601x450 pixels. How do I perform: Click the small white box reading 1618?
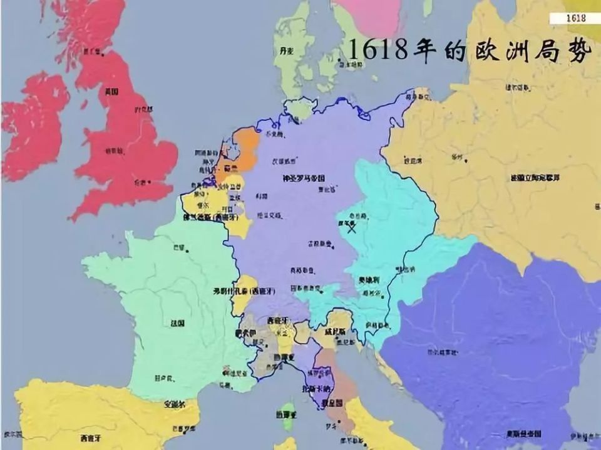coord(575,18)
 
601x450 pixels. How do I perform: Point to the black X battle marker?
coord(352,229)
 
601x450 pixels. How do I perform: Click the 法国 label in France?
coord(177,324)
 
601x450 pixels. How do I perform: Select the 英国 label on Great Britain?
coord(111,92)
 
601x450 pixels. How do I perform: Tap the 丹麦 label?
coord(287,49)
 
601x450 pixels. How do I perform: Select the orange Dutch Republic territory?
coord(247,150)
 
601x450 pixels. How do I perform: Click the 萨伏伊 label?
coord(245,334)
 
